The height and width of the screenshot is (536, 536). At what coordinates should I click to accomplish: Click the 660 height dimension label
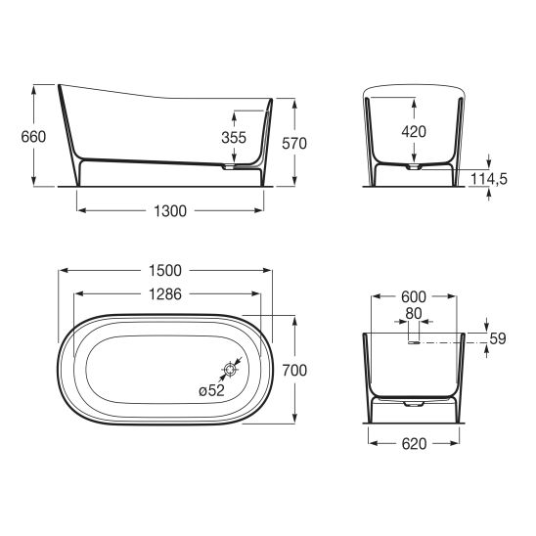pyautogui.click(x=33, y=137)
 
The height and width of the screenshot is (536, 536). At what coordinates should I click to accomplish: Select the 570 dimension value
pyautogui.click(x=294, y=144)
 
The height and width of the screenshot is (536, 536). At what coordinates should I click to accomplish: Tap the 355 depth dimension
pyautogui.click(x=234, y=138)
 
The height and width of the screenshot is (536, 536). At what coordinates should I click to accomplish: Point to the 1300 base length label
pyautogui.click(x=170, y=211)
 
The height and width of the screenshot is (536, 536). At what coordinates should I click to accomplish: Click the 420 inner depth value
pyautogui.click(x=414, y=132)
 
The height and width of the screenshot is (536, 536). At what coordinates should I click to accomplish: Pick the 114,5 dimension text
pyautogui.click(x=489, y=178)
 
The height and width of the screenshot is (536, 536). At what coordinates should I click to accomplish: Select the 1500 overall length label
pyautogui.click(x=165, y=271)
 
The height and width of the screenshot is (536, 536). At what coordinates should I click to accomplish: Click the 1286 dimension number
pyautogui.click(x=165, y=294)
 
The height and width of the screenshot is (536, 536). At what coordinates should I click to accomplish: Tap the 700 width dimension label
pyautogui.click(x=294, y=370)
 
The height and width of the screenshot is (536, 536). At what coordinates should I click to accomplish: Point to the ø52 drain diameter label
pyautogui.click(x=211, y=390)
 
